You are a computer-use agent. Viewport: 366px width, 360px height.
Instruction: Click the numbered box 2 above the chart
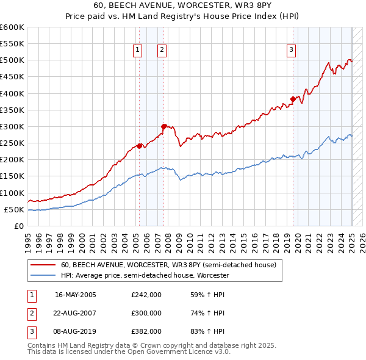click(x=162, y=50)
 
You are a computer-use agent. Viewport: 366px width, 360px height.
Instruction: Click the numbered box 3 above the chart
click(x=292, y=50)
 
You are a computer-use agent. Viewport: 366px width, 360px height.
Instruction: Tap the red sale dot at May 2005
click(x=139, y=145)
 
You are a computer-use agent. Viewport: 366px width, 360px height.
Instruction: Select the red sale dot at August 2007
click(x=164, y=126)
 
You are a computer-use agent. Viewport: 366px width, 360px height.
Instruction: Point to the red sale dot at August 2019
click(x=293, y=99)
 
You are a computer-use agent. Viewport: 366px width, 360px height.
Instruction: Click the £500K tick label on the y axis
click(x=12, y=60)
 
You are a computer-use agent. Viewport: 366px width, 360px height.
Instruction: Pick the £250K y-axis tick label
click(x=12, y=143)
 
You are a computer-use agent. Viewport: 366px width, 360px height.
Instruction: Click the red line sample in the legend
click(x=44, y=265)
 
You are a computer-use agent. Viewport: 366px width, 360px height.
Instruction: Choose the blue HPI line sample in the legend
click(x=44, y=276)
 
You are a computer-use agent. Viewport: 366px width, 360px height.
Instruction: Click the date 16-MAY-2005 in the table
click(x=76, y=295)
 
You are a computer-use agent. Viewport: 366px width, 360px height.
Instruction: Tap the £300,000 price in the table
click(x=146, y=313)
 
